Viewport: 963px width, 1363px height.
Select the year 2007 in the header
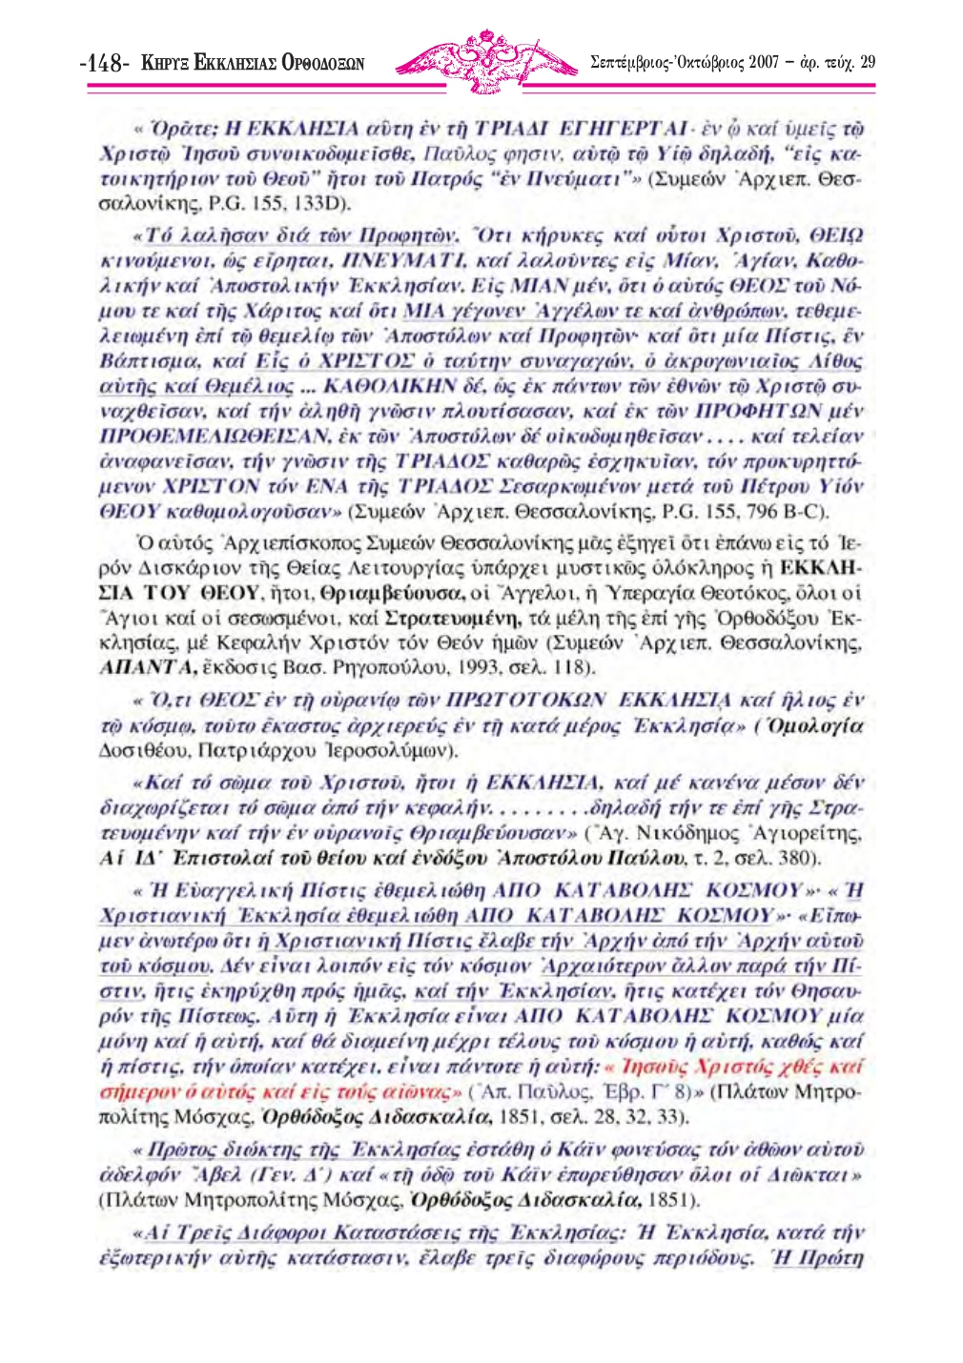point(764,63)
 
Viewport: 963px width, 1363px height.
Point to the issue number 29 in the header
point(867,63)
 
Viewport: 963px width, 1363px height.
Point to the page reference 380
point(800,859)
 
